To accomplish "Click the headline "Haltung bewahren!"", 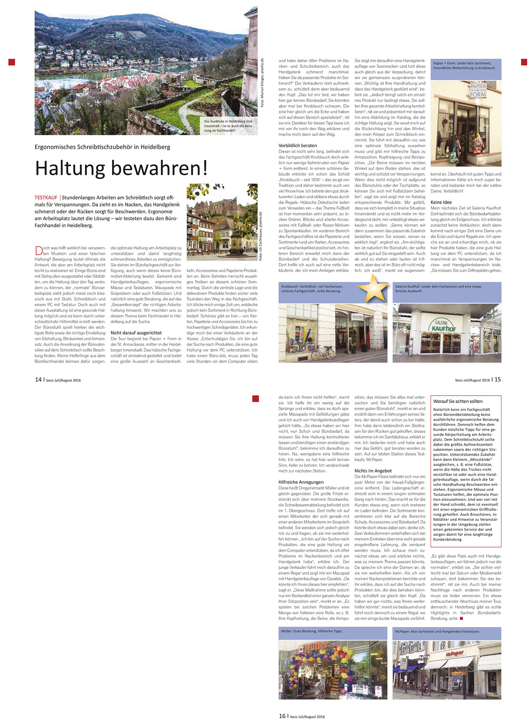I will click(121, 168).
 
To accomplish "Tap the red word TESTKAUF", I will click(46, 197).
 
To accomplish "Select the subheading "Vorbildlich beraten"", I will click(298, 145).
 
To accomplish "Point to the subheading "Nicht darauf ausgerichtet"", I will click(136, 333).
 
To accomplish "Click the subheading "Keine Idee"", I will click(441, 202).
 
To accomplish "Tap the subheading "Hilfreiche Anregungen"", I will click(301, 482).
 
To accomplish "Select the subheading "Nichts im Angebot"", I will click(373, 471).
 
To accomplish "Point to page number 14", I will click(38, 380).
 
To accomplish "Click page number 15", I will click(498, 380).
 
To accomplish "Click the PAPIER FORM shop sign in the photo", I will click(478, 90).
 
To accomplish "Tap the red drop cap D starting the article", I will click(39, 251).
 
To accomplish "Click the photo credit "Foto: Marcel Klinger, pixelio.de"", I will click(262, 82).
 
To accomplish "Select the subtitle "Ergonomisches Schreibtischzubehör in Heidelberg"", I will click(102, 147).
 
